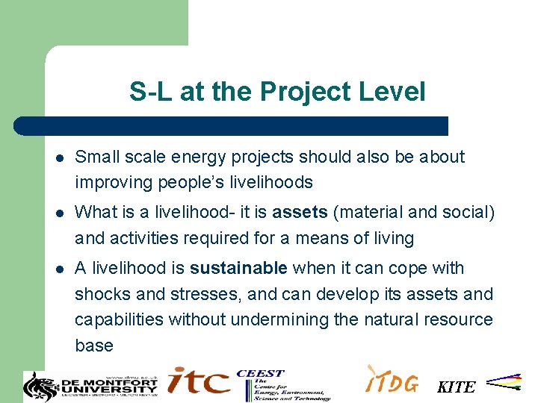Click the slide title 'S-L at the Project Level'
click(x=277, y=92)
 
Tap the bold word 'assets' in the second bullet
click(x=300, y=213)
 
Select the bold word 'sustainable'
click(x=238, y=268)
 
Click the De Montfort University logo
click(x=91, y=384)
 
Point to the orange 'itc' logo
click(x=198, y=381)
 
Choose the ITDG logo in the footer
click(x=392, y=380)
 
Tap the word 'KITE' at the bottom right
click(x=456, y=387)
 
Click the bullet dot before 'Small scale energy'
click(x=59, y=157)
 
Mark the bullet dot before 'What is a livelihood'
click(x=59, y=213)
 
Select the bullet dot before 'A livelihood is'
click(x=59, y=269)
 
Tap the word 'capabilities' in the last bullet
click(x=120, y=319)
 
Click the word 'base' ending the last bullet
click(x=94, y=346)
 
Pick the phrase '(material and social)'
click(x=414, y=213)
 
